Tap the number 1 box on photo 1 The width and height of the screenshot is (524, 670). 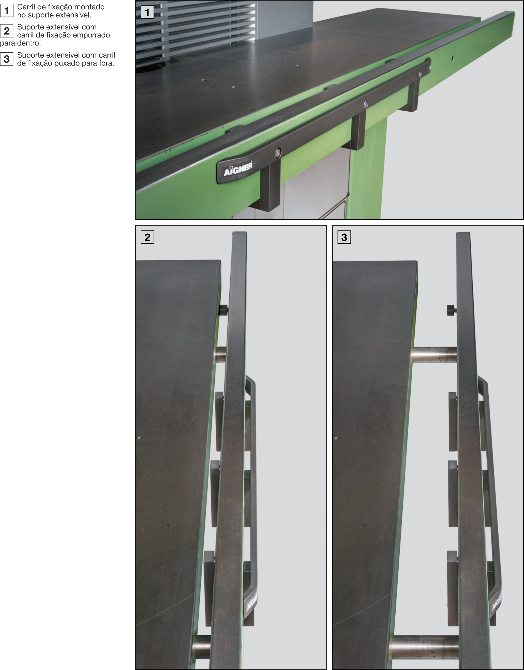(x=147, y=12)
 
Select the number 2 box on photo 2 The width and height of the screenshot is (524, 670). (x=147, y=237)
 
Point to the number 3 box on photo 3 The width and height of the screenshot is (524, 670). (x=344, y=237)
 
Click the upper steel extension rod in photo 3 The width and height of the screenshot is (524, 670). (x=433, y=355)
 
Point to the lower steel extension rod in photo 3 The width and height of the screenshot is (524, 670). (x=424, y=647)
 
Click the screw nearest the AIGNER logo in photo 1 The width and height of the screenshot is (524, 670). (x=278, y=152)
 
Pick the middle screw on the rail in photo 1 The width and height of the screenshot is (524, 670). (x=365, y=104)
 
